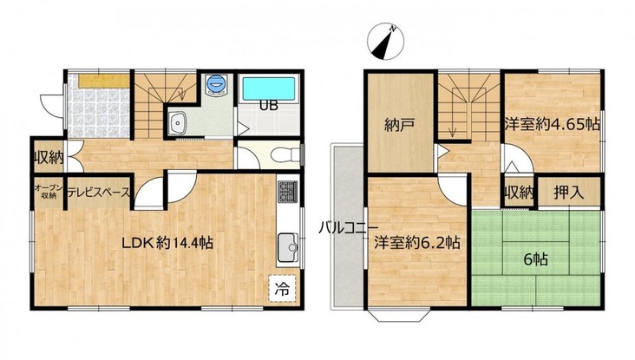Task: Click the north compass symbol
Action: click(385, 42)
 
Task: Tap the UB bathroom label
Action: click(269, 106)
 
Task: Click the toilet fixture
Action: click(285, 154)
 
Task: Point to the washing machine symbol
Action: click(216, 85)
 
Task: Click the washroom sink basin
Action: click(177, 122)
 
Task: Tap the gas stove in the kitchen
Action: click(287, 192)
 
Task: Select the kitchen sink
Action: click(287, 247)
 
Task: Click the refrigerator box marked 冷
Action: click(282, 289)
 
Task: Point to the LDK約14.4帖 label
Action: click(167, 243)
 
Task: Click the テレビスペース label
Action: click(99, 193)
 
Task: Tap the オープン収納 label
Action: click(49, 191)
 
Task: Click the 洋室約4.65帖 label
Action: click(553, 124)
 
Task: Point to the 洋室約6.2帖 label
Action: click(416, 243)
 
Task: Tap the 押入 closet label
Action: click(568, 192)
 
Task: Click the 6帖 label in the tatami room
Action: click(536, 259)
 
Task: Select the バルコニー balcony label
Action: click(348, 227)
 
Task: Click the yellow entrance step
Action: click(104, 81)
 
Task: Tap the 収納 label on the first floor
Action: click(49, 157)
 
